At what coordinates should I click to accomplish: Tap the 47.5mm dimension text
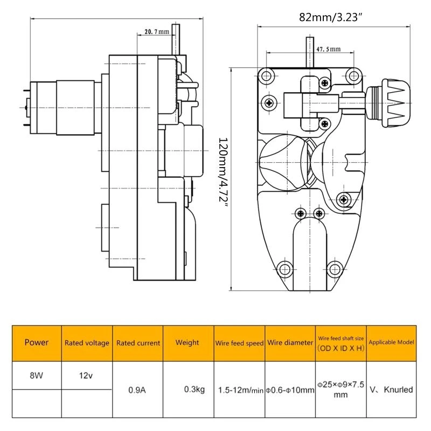pos(328,49)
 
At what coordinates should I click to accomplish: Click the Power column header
pos(37,342)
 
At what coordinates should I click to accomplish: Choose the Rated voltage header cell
pos(87,343)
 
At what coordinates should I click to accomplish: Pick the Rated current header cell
pos(138,343)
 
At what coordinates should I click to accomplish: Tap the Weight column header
pos(187,342)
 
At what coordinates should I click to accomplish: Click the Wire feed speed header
pos(239,343)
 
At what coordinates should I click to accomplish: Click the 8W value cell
pos(37,371)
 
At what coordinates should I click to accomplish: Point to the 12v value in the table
pos(87,371)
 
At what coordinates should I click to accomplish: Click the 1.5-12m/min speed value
pos(239,390)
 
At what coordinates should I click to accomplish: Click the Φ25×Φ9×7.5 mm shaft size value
pos(340,390)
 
